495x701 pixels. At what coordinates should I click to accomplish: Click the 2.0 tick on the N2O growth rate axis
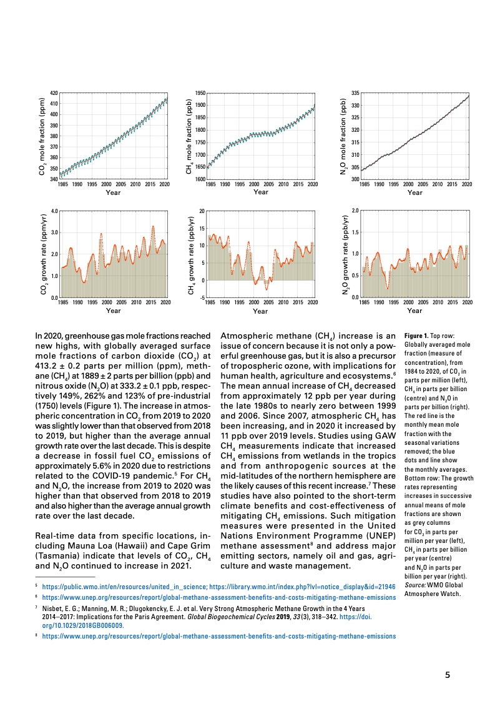coord(355,211)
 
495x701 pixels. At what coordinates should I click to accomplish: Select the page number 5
coord(448,675)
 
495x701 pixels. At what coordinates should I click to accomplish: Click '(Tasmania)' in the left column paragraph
coord(58,556)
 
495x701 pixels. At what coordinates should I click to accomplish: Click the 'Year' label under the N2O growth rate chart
coord(414,311)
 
